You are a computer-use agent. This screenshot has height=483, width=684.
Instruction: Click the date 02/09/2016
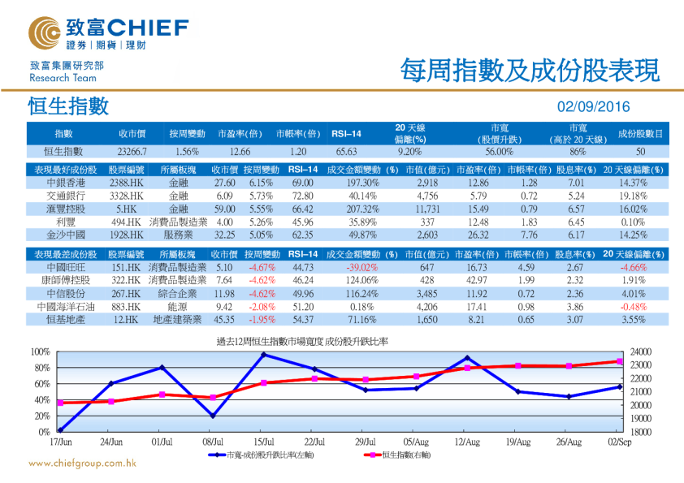coord(593,107)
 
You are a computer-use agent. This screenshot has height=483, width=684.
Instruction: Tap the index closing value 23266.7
coord(131,151)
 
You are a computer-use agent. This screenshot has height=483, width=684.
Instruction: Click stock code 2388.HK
coord(127,183)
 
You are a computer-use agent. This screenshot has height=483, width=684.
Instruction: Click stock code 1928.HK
coord(127,234)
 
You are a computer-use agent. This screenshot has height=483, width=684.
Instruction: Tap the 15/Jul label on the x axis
coord(263,442)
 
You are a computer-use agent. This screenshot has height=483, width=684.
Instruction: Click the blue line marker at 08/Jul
coord(213,416)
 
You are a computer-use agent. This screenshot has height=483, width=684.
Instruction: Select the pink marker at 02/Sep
coord(620,361)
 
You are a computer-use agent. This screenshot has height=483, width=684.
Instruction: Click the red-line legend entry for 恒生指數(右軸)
coord(395,455)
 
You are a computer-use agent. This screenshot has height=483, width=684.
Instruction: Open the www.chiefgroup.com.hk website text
coord(82,464)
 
